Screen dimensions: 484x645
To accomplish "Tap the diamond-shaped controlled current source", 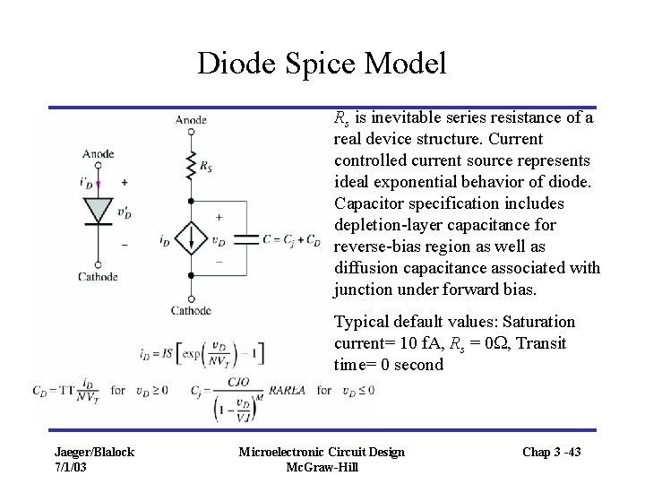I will click(x=190, y=240).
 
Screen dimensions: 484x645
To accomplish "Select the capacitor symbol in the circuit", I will click(x=239, y=240).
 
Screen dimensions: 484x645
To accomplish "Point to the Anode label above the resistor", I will click(x=190, y=119).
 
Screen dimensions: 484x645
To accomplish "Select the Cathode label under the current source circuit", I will click(x=190, y=311).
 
